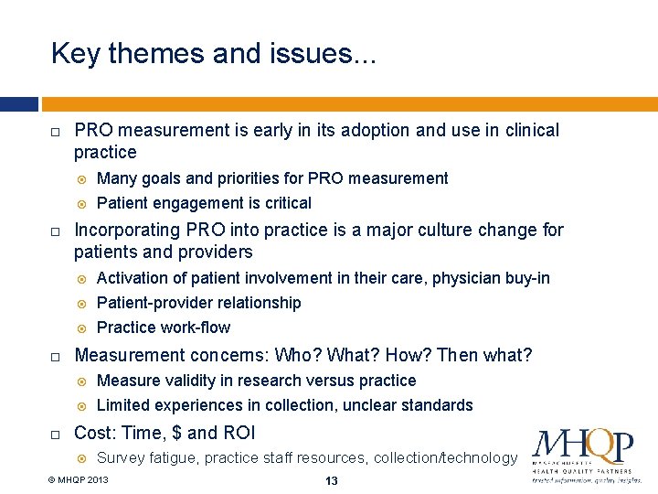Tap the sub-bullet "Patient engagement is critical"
204,203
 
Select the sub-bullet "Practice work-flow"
164,328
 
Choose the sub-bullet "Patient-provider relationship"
198,303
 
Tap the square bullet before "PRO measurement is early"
56,132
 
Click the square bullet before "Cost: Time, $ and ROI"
56,434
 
